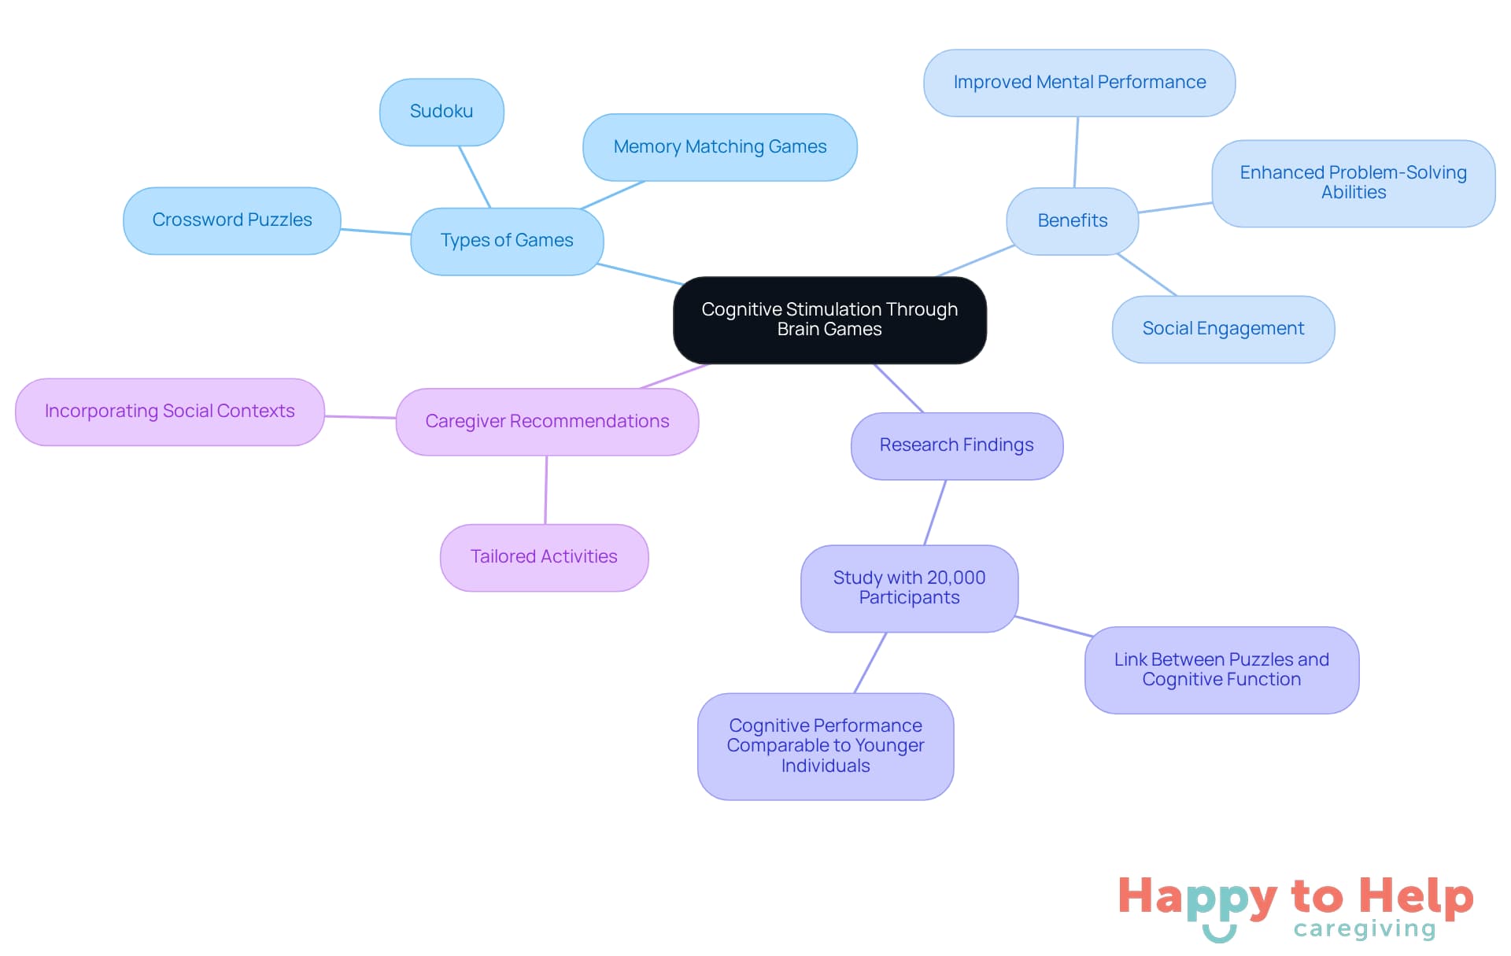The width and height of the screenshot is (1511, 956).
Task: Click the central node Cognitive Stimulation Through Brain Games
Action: (x=829, y=319)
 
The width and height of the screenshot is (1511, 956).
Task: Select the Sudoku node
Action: (x=441, y=112)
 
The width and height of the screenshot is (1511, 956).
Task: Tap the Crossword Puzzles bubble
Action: (x=232, y=220)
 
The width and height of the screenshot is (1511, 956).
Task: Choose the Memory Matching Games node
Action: (x=719, y=147)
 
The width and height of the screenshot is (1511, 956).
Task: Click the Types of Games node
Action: (x=507, y=241)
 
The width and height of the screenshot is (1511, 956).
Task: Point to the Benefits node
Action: (x=1072, y=221)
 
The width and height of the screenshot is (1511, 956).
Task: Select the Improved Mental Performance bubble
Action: (x=1079, y=83)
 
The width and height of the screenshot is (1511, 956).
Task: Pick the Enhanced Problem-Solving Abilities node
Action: (x=1353, y=183)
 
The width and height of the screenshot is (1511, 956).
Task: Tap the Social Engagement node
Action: (x=1223, y=329)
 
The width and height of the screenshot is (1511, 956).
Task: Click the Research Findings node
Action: (x=956, y=445)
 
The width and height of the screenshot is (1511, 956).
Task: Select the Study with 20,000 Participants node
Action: (x=909, y=588)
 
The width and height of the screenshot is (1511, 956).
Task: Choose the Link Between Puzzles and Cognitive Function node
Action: (x=1221, y=670)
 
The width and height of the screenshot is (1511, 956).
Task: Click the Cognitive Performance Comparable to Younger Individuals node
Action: (x=825, y=746)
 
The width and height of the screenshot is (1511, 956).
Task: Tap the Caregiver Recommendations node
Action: (x=547, y=422)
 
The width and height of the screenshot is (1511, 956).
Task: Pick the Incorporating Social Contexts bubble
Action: (x=169, y=412)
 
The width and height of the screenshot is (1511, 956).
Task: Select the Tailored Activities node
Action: (x=544, y=557)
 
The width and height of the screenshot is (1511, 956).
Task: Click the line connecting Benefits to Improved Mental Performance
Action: (x=1076, y=153)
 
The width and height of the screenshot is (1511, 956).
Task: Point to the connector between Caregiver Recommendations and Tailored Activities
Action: (x=546, y=490)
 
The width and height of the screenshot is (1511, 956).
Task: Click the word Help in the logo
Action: (x=1416, y=896)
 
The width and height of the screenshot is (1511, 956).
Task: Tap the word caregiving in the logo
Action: (x=1365, y=929)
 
